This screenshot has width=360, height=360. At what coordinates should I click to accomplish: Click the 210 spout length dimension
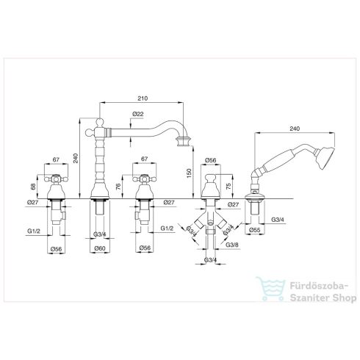[143, 98]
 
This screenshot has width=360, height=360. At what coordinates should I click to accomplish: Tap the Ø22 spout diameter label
[138, 114]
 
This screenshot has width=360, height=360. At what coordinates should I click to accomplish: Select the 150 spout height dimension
[189, 173]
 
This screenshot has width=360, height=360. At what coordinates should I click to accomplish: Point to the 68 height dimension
[33, 187]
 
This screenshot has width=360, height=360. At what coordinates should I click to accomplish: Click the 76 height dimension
[118, 187]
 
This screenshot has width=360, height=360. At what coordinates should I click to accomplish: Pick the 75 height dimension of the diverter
[228, 187]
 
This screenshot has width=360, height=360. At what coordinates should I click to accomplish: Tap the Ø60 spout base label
[100, 248]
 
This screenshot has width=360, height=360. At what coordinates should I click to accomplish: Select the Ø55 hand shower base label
[255, 230]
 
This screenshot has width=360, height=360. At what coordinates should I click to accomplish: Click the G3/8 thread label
[232, 245]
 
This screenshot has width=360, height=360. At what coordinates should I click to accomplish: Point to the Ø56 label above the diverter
[211, 160]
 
